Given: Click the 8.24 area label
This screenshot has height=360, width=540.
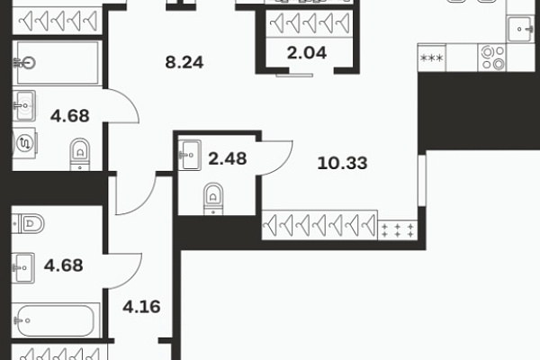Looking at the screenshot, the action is coord(184,62).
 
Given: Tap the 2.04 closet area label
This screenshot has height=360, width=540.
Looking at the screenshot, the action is coord(307,53).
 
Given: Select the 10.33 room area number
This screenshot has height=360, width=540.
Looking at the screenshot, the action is coord(342,163).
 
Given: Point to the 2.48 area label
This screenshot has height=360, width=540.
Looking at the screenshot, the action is coord(228,158).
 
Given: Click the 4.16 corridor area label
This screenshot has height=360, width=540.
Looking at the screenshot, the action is coord(141,307).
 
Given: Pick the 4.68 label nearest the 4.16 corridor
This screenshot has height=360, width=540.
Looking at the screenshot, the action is coord(64,265).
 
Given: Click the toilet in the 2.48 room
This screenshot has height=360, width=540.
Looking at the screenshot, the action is coord(213,199).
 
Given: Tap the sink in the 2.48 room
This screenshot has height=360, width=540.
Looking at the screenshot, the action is coord(189,156).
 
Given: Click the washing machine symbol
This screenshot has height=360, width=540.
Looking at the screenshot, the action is coord(24,142).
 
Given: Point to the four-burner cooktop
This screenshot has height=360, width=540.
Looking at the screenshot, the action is coord(492,58).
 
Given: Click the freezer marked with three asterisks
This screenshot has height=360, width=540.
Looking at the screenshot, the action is coord(432,58).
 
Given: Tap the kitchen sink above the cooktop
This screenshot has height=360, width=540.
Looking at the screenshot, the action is coord(520,30).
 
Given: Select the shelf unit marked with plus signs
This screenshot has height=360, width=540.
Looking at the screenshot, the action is coord(398,230).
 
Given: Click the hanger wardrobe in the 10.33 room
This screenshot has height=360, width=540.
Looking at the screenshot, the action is coord(319,225).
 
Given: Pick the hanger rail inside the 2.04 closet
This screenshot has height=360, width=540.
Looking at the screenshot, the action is coord(310,23).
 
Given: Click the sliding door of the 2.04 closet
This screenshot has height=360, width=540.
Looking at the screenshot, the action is coord(294,75).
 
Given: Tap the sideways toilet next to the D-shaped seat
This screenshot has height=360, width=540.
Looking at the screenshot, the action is coord(28,223).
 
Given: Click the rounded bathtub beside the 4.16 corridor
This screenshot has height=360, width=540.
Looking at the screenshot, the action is coord(56,320).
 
